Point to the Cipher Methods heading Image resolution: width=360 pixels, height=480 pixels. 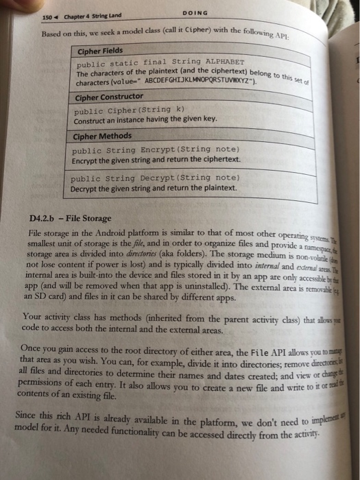[103, 136]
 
